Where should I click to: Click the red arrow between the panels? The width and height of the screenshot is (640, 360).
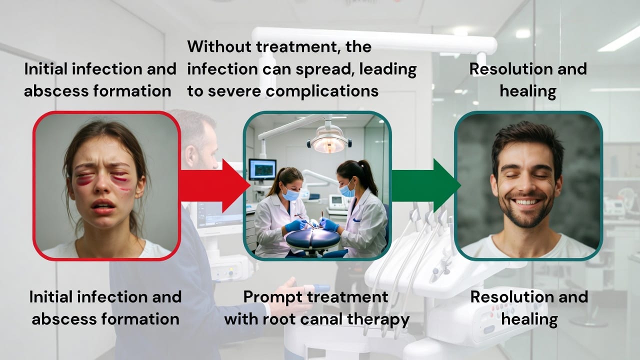[x=214, y=185]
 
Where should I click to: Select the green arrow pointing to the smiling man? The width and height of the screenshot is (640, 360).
[x=425, y=185]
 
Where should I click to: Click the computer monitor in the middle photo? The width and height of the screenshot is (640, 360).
[x=262, y=169]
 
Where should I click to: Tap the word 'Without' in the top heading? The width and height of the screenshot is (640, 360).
[x=219, y=46]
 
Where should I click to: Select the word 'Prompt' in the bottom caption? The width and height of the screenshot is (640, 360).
[x=273, y=297]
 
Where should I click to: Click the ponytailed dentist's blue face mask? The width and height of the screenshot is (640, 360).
[x=347, y=190]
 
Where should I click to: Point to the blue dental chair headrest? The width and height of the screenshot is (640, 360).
[x=313, y=239]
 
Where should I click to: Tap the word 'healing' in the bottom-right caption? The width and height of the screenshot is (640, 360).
[x=529, y=319]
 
